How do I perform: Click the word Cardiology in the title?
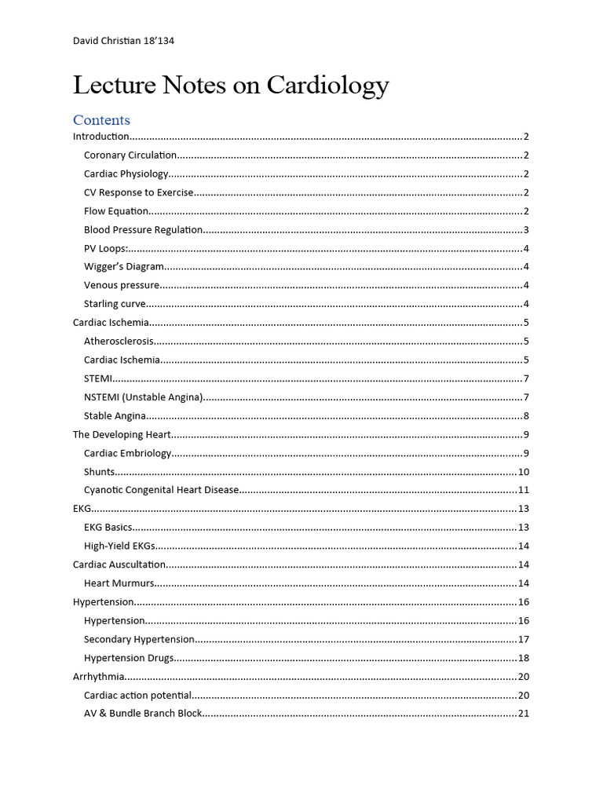coord(327,85)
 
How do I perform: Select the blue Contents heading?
coord(101,120)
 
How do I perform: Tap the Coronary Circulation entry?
coord(130,155)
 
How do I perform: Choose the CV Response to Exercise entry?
coord(138,192)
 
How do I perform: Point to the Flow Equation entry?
coord(116,211)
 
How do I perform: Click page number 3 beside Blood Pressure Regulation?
coord(526,230)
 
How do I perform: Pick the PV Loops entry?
coord(105,248)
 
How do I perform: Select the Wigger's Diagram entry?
coord(124,267)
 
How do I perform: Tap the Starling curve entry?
coord(115,304)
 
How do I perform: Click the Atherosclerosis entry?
coord(119,342)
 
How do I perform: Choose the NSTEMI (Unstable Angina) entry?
coord(144,397)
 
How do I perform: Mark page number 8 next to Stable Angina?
coord(526,416)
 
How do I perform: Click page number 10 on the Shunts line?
coord(524,472)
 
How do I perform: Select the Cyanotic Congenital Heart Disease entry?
coord(161,490)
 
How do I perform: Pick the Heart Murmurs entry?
coord(119,583)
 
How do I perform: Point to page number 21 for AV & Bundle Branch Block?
coord(524,714)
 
